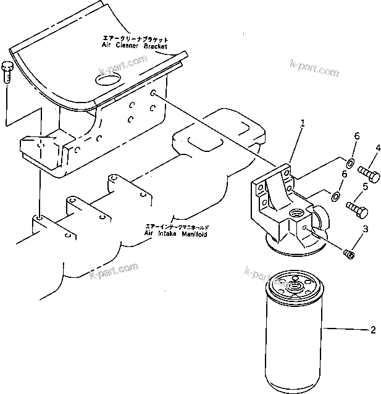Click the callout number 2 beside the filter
(x=372, y=330)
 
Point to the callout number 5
(x=366, y=186)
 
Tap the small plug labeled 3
(x=349, y=253)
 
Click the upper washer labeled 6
(x=348, y=163)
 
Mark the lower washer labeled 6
(x=336, y=196)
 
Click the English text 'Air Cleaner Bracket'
(x=135, y=46)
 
